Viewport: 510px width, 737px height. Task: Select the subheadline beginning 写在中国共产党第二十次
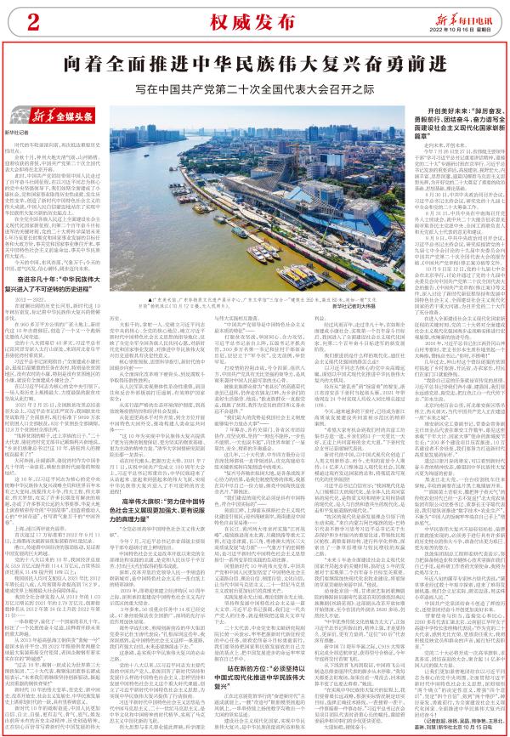[x=254, y=88]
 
